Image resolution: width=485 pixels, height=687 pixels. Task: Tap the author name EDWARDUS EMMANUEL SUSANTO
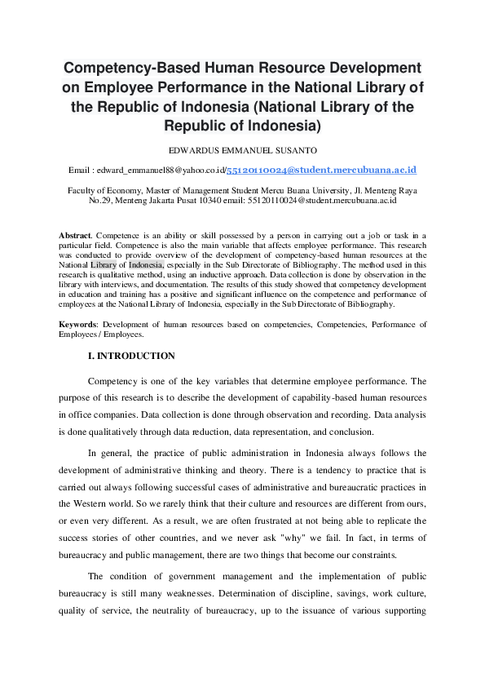[242, 150]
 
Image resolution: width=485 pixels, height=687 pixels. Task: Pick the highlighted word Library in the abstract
[104, 264]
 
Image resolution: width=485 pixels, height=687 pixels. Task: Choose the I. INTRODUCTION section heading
[130, 356]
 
